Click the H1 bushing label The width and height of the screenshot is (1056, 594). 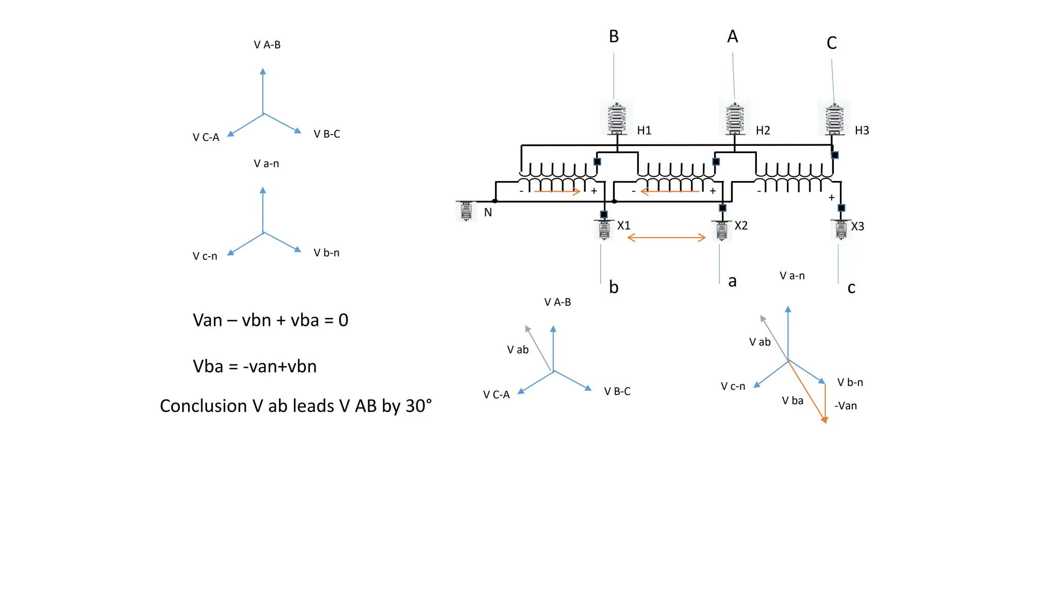tap(644, 130)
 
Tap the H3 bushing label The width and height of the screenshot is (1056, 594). tap(862, 130)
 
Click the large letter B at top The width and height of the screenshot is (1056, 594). tap(614, 37)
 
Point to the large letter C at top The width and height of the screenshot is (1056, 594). tap(831, 43)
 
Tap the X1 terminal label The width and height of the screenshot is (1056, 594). tap(624, 226)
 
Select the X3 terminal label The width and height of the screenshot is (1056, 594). tap(857, 226)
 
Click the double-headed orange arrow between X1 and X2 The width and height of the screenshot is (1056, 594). tap(666, 238)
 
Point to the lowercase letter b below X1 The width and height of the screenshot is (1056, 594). tap(614, 287)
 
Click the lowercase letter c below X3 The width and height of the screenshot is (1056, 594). tap(851, 288)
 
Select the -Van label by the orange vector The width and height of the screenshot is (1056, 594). tap(846, 406)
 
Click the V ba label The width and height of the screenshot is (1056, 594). tap(793, 401)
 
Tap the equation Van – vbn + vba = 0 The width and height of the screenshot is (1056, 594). tap(270, 320)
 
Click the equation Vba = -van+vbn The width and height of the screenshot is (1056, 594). tap(255, 367)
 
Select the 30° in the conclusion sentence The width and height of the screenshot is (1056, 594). tap(418, 406)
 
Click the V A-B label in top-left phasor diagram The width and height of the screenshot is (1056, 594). tap(267, 45)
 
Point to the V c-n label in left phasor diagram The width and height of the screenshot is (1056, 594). tap(205, 256)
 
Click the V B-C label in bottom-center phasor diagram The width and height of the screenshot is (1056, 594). tap(617, 391)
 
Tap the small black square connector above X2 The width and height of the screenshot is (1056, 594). tap(722, 208)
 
